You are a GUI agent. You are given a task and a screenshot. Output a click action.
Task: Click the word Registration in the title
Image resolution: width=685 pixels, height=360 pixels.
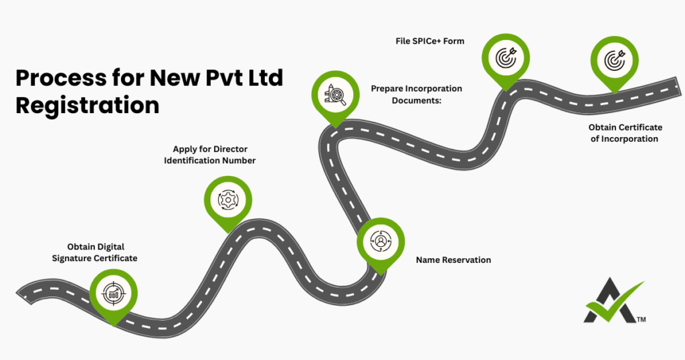88,106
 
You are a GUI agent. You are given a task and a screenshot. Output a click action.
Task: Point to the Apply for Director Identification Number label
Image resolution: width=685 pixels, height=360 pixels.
209,155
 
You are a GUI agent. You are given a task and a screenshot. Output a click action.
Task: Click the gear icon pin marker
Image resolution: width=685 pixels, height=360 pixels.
227,199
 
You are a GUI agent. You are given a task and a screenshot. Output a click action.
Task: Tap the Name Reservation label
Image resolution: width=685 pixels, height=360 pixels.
453,260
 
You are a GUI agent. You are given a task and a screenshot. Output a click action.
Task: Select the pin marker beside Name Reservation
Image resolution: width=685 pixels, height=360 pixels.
380,240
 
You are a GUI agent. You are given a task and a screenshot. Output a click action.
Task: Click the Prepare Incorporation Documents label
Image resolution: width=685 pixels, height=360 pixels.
416,94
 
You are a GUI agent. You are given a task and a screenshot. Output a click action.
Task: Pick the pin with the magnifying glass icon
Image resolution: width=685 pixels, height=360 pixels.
335,95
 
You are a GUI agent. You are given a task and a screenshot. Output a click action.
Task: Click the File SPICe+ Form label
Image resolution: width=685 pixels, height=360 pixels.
429,41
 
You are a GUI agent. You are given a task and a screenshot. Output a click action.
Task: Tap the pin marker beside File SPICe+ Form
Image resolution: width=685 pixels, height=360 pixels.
506,58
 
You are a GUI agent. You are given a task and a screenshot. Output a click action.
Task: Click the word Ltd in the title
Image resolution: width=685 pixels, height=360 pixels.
263,78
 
